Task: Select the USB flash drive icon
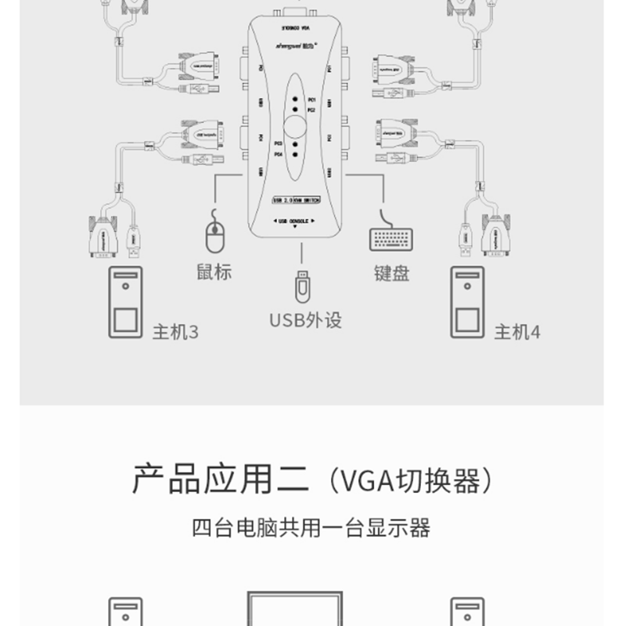(x=301, y=286)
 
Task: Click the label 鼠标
(x=214, y=272)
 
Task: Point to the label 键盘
(x=391, y=273)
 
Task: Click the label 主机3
(x=175, y=333)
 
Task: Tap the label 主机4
(x=517, y=333)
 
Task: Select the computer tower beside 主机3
(x=125, y=303)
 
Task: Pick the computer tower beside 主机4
(x=468, y=303)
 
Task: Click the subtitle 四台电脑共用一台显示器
(x=311, y=528)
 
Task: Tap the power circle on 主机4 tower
(x=468, y=286)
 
